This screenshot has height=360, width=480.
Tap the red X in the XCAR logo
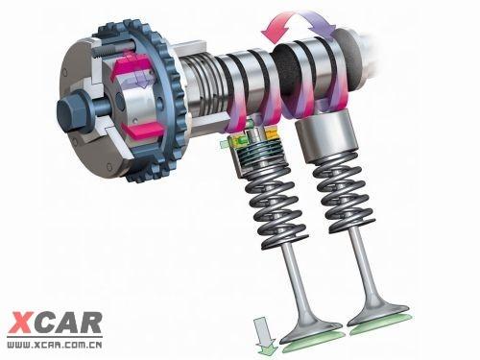point(21,323)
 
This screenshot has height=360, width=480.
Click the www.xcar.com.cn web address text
point(55,345)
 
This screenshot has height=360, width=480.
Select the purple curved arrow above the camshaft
point(319,21)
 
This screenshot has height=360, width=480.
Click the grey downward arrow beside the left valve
point(264,333)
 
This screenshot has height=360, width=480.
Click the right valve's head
point(377,315)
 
